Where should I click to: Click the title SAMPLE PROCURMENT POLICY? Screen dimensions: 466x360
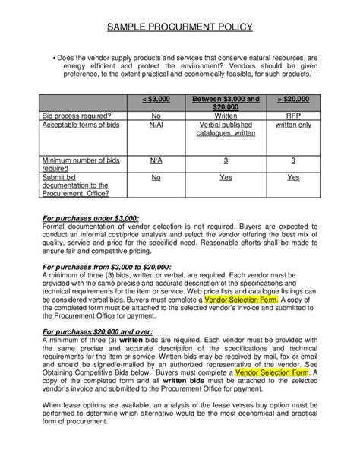click(x=179, y=28)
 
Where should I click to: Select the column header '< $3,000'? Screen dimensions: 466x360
click(x=156, y=100)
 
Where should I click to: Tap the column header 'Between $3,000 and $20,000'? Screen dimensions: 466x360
click(x=226, y=103)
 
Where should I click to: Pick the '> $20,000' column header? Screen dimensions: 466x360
click(x=293, y=100)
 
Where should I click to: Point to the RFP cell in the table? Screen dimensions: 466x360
click(x=293, y=116)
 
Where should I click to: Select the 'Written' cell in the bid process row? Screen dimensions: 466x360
click(x=226, y=116)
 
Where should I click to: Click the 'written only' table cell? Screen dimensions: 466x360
click(x=293, y=124)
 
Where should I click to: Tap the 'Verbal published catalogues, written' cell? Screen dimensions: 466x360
click(x=226, y=128)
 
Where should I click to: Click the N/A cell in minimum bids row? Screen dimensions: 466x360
click(x=156, y=160)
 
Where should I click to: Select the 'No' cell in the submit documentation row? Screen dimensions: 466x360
click(x=156, y=177)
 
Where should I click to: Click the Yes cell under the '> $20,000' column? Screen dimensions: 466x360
click(x=293, y=177)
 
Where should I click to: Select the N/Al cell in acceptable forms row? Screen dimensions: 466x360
click(x=156, y=124)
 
